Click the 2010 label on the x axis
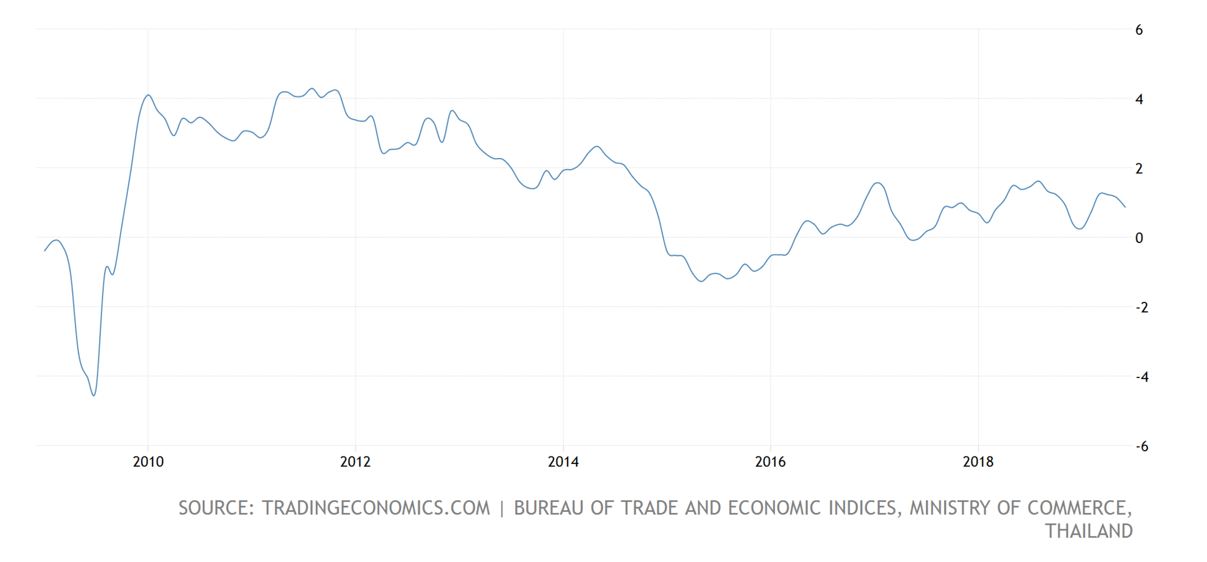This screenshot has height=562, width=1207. coord(148,461)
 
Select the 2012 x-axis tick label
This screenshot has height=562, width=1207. coord(355,461)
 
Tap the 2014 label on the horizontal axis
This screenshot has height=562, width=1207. coord(563,461)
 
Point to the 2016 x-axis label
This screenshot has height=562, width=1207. coord(770,461)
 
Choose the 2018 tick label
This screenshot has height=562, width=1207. coord(978,461)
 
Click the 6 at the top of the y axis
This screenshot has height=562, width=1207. coord(1139,30)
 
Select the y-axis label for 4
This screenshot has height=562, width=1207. coord(1139,99)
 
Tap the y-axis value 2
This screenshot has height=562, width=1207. coord(1139,169)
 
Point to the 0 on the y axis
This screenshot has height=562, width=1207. coord(1139,238)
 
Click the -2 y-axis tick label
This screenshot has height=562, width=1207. coord(1142,307)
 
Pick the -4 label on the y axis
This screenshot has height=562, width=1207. coord(1142,376)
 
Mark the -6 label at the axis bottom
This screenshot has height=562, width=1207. coord(1142,446)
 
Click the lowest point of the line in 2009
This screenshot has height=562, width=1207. coord(94,395)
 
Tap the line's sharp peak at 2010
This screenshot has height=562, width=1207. coord(149,95)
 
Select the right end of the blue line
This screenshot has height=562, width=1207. coord(1125,207)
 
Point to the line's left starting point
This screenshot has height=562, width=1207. coord(45,251)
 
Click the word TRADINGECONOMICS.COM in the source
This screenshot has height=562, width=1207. coord(375,508)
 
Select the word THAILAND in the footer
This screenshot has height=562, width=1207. coord(1089,531)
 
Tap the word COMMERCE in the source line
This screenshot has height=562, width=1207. coord(1078,508)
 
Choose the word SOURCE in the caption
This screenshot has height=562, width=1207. coord(216,508)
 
